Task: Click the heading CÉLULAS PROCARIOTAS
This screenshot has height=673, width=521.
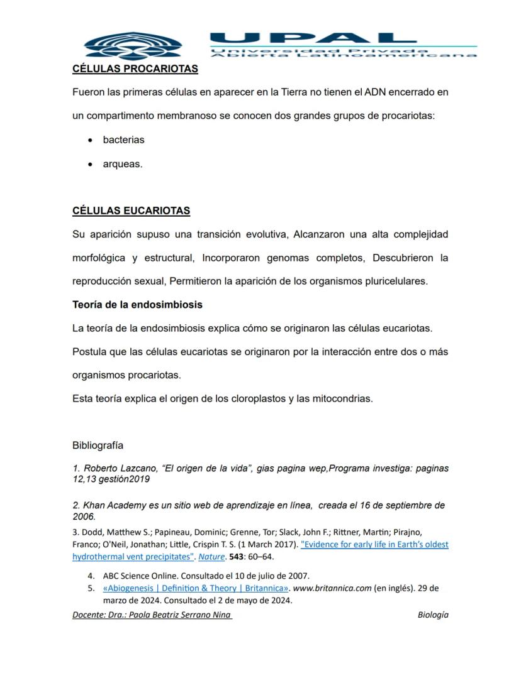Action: click(x=135, y=68)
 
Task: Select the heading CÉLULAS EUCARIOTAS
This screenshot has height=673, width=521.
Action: click(x=131, y=211)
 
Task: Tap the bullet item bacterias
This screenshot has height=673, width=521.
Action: click(x=123, y=140)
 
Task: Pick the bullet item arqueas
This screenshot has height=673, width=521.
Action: click(x=122, y=164)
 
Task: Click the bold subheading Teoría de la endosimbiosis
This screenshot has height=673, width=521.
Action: click(x=137, y=305)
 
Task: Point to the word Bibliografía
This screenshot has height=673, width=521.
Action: click(x=98, y=446)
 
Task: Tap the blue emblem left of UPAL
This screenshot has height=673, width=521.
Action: click(x=133, y=45)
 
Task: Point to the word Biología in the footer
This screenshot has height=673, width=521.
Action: click(x=433, y=615)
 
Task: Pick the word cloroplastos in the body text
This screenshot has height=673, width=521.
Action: click(x=255, y=398)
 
